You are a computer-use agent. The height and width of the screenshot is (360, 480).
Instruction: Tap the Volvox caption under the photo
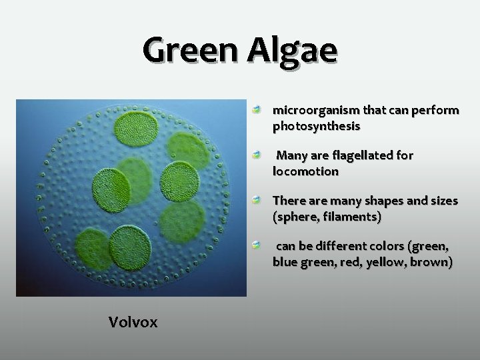coord(133,323)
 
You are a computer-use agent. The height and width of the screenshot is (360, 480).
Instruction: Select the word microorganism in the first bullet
coord(313,110)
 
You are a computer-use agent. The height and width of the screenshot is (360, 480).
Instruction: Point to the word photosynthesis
coord(317,125)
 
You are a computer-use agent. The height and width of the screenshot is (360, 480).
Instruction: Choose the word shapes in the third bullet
coord(375,201)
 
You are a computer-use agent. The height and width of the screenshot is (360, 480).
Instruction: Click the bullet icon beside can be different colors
coord(256,245)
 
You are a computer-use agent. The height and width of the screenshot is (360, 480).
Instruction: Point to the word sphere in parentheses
coord(299,217)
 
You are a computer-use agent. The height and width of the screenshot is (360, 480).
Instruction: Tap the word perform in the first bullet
coord(434,110)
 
